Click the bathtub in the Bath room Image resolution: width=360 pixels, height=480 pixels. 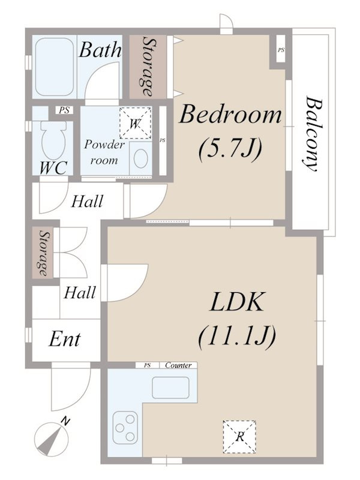(55, 67)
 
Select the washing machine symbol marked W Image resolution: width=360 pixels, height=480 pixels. (136, 123)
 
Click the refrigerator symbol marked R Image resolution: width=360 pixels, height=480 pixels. (239, 437)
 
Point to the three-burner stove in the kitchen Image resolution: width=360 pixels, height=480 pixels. (125, 427)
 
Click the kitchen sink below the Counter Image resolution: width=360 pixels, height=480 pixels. (171, 387)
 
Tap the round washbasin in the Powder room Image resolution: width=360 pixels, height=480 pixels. (141, 158)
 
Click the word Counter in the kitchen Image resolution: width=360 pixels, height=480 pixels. (178, 365)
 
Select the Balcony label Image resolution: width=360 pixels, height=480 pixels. (311, 134)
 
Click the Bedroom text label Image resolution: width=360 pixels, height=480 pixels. (230, 114)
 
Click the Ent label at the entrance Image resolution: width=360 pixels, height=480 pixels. (65, 339)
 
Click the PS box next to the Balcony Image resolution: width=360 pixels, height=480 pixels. (281, 50)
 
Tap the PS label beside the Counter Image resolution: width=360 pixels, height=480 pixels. (148, 365)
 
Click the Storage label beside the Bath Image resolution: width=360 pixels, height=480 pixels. (148, 67)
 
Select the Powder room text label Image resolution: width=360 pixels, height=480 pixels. (104, 152)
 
